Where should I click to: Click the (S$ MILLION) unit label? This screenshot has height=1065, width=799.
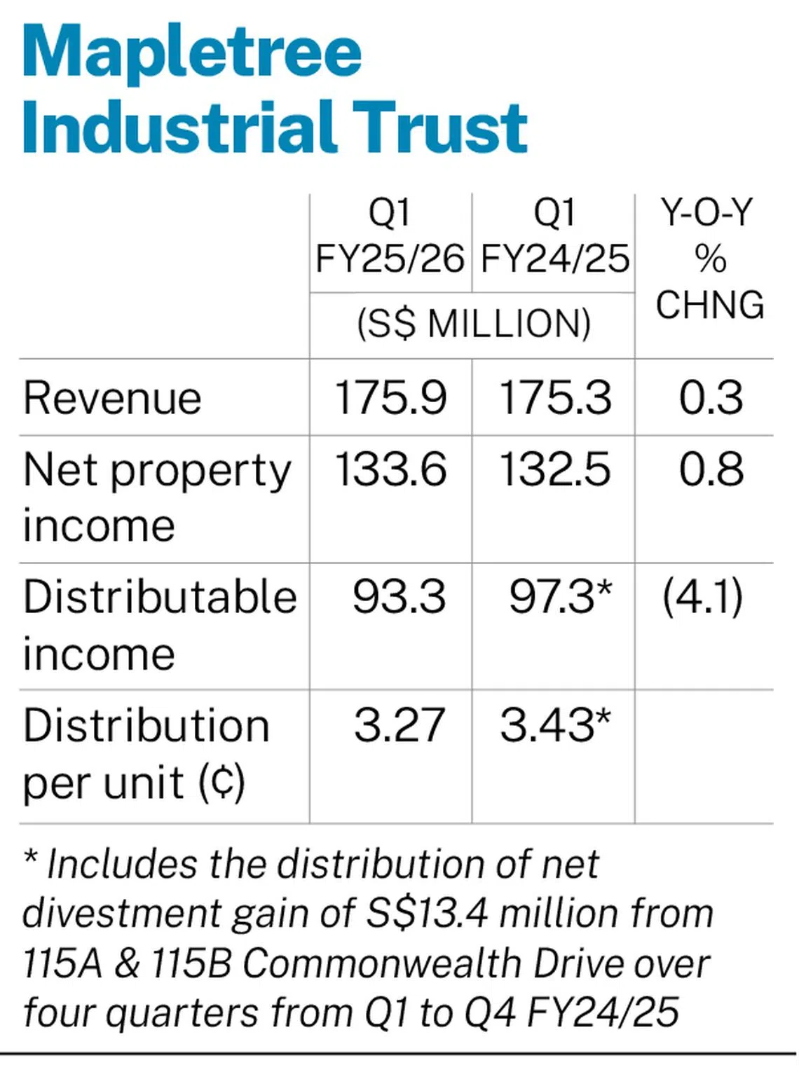(474, 324)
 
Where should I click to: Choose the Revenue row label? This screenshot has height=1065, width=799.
(112, 399)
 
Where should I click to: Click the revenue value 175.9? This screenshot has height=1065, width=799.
(390, 399)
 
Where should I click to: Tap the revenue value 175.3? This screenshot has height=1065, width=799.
(556, 399)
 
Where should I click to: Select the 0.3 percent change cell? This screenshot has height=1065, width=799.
(711, 399)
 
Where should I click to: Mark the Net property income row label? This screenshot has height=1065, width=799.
(157, 497)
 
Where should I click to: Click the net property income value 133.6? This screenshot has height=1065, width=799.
(390, 469)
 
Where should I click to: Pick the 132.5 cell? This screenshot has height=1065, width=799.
(555, 469)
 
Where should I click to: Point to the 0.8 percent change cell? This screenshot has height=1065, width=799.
(711, 469)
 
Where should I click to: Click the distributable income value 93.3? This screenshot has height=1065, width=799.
(399, 597)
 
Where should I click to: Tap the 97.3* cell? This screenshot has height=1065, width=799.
(561, 597)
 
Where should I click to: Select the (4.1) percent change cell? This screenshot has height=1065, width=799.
(702, 597)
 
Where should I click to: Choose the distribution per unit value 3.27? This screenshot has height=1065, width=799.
(399, 725)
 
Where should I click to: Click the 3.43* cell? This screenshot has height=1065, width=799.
(556, 725)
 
